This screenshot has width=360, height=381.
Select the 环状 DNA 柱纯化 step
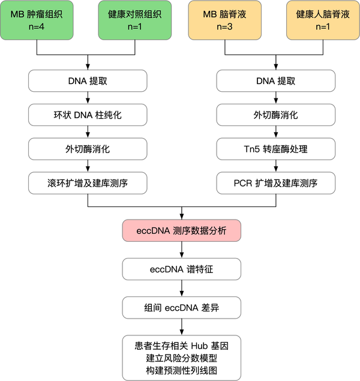89,115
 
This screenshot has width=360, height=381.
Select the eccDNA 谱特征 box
182,269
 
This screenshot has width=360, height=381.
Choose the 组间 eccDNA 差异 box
182,308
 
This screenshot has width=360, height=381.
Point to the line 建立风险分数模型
181,358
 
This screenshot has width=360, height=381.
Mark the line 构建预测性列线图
181,370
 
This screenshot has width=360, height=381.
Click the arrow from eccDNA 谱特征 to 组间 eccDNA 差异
182,288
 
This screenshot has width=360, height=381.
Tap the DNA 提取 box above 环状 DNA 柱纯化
89,81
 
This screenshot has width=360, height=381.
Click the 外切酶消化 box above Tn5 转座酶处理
275,115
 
